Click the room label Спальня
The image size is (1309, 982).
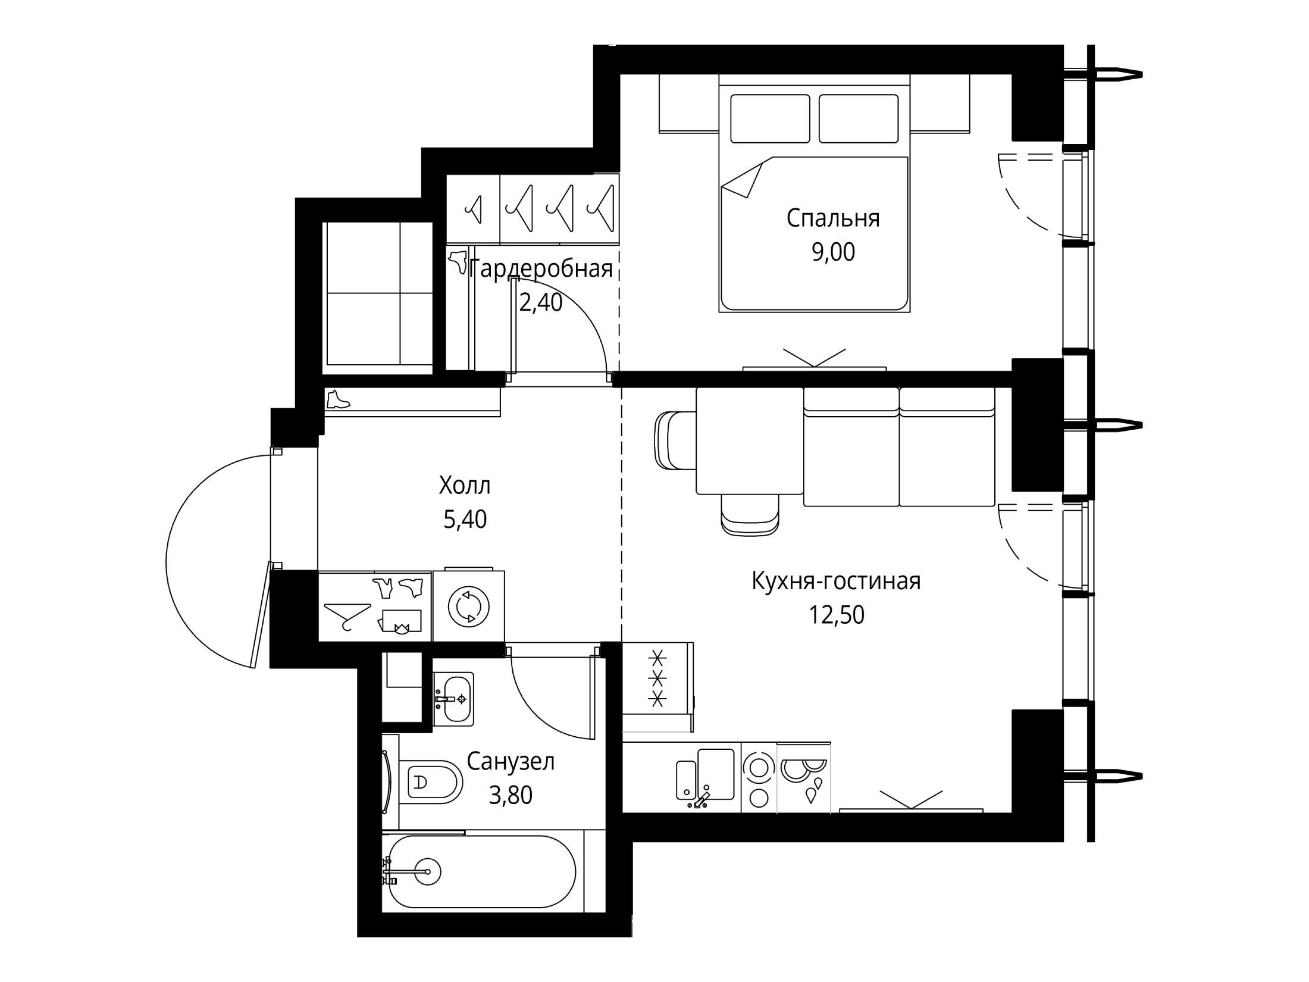coord(833,219)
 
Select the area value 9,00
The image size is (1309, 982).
coord(833,252)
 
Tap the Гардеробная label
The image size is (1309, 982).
coord(541,270)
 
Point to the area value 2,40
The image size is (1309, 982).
coord(540,303)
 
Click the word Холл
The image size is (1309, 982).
coord(465,486)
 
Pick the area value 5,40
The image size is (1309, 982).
coord(465,520)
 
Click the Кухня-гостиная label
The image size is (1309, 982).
coord(836,581)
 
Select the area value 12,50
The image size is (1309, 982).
coord(836,614)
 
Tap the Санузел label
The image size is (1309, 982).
coord(511,762)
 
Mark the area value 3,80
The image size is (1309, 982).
coord(511,795)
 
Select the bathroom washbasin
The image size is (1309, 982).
coord(453,699)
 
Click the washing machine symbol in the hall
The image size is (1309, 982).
coord(468,605)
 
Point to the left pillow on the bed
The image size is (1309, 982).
coord(770,118)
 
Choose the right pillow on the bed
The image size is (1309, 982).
coord(858,118)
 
